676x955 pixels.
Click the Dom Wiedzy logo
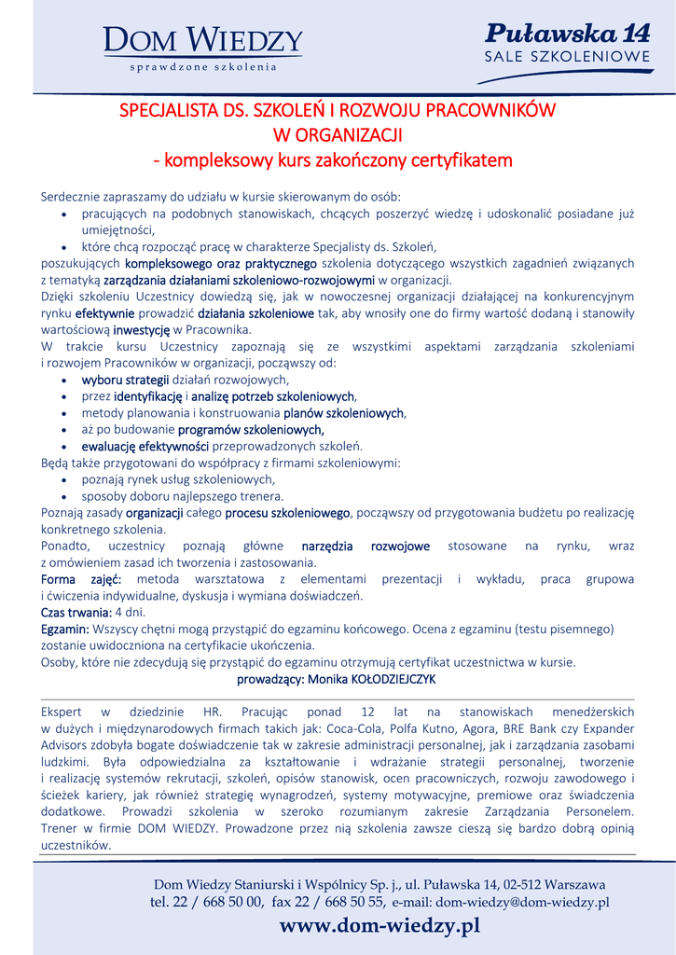[x=202, y=47]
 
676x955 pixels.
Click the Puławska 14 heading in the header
[x=567, y=35]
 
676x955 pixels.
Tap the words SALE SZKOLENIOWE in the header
[x=567, y=58]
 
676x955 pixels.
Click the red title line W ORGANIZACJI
[x=337, y=135]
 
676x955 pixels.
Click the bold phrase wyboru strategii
[x=125, y=380]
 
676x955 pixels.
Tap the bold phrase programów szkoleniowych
[x=251, y=429]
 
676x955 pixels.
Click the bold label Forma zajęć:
[x=76, y=579]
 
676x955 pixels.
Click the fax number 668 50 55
[x=343, y=902]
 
